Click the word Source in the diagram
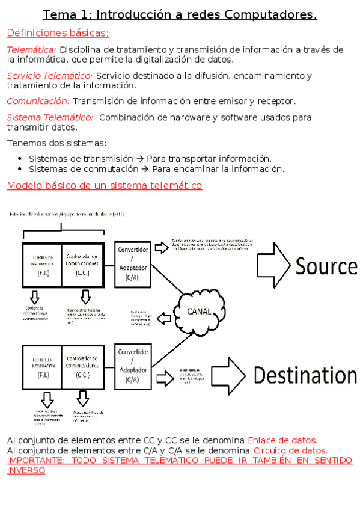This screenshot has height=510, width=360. click(326, 266)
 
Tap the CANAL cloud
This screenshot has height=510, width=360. click(198, 311)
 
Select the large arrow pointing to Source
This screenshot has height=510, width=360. click(273, 265)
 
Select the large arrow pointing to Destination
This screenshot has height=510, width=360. click(230, 375)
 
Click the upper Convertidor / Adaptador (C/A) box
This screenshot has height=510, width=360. click(133, 264)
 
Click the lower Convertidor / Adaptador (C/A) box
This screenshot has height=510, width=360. click(133, 366)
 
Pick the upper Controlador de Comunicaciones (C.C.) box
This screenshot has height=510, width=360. click(83, 265)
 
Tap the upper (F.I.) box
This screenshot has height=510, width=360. click(42, 265)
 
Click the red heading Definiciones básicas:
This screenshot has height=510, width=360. click(58, 33)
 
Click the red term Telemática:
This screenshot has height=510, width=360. click(31, 49)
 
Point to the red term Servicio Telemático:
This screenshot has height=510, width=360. click(50, 76)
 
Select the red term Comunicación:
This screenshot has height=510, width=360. click(38, 101)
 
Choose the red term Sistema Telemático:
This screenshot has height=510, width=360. click(50, 117)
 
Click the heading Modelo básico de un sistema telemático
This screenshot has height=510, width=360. click(104, 185)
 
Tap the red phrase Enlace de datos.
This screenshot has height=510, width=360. click(282, 440)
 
